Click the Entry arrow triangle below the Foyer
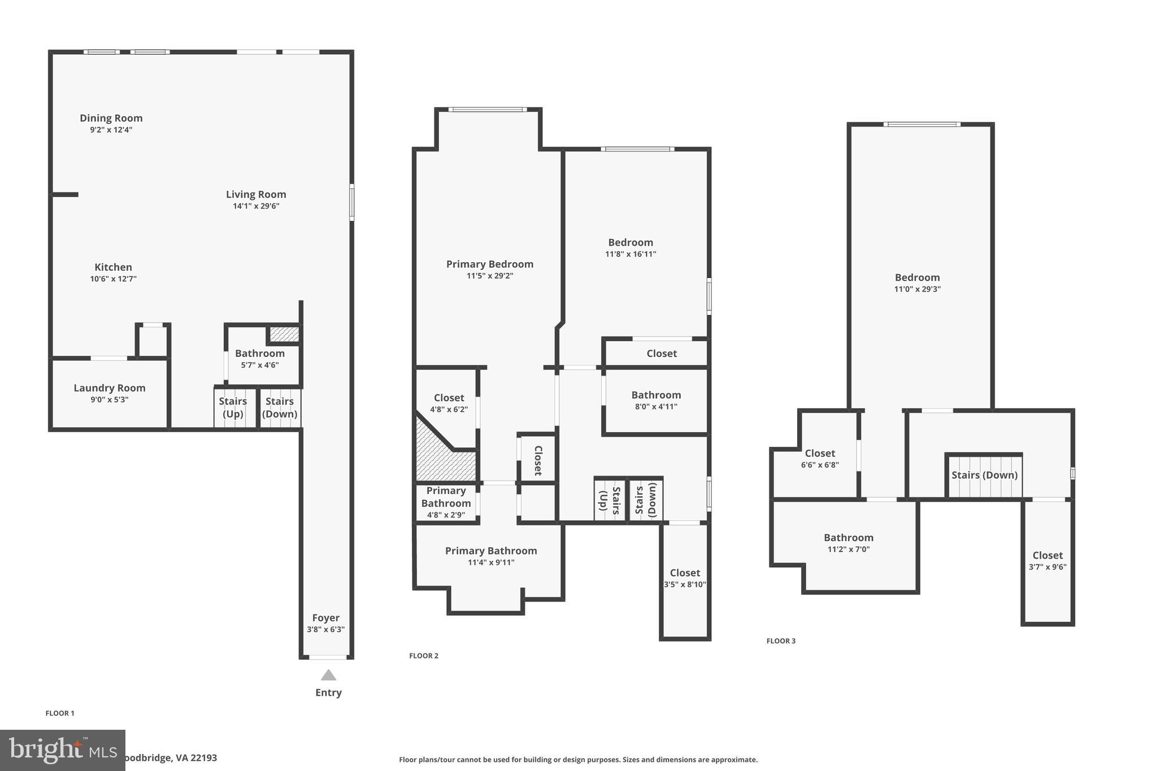pos(328,676)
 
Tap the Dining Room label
pos(111,118)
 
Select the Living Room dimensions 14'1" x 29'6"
pos(256,206)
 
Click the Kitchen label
pos(113,267)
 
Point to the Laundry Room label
pos(110,388)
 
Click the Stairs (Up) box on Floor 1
pos(233,407)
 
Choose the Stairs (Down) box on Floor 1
pos(280,407)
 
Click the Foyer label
pos(326,618)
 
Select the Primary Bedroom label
pos(490,264)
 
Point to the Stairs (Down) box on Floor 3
pos(984,475)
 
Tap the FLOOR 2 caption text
pos(424,656)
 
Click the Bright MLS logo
pos(62,750)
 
